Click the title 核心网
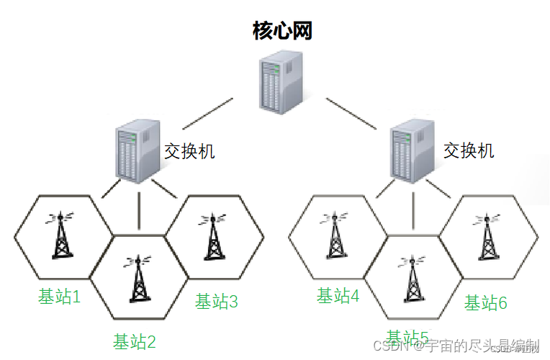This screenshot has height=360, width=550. tap(282, 30)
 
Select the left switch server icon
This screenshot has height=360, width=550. tap(137, 150)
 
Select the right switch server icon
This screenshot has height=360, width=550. tap(412, 150)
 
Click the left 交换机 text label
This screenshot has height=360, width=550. tap(190, 151)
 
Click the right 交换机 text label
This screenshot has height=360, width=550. tap(469, 150)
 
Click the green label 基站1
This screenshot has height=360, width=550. tap(60, 297)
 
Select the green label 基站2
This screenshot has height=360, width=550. tap(135, 341)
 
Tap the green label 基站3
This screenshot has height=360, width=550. tap(216, 301)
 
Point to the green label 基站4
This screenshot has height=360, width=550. tap(338, 295)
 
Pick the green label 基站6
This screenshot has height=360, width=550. tap(485, 302)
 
